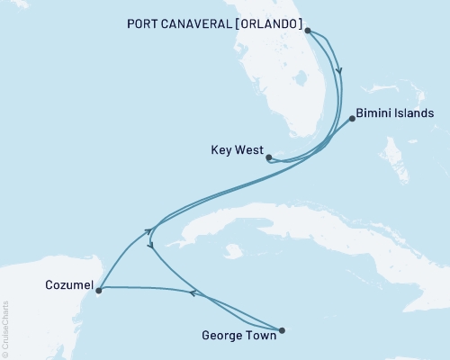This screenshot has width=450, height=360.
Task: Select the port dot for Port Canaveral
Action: tap(308, 31)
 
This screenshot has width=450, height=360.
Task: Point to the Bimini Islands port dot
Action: tap(352, 118)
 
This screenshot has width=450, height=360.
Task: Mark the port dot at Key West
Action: tap(269, 157)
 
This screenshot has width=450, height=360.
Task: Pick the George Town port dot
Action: tap(282, 330)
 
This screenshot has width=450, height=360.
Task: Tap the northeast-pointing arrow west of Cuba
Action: tap(148, 232)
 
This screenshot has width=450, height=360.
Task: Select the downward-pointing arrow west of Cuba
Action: tap(151, 244)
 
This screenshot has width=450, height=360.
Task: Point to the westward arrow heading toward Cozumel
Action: tap(192, 292)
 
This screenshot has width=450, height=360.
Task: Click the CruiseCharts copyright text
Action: tap(6, 328)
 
